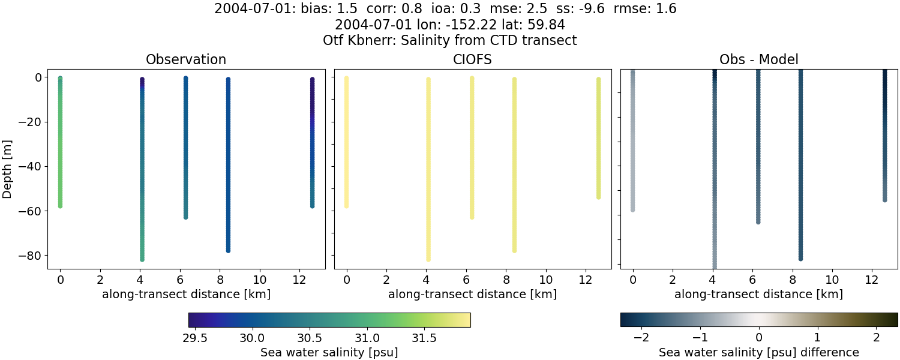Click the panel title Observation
pos(186,59)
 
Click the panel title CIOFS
pos(472,59)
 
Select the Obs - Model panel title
pos(758,59)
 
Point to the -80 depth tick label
pos(32,256)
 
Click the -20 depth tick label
pos(32,122)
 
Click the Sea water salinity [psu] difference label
pos(758,352)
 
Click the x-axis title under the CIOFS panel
pos(472,295)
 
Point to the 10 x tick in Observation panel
pos(260,280)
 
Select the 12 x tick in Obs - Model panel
pos(872,280)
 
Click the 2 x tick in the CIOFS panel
pos(386,280)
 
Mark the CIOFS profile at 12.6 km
pos(598,138)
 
